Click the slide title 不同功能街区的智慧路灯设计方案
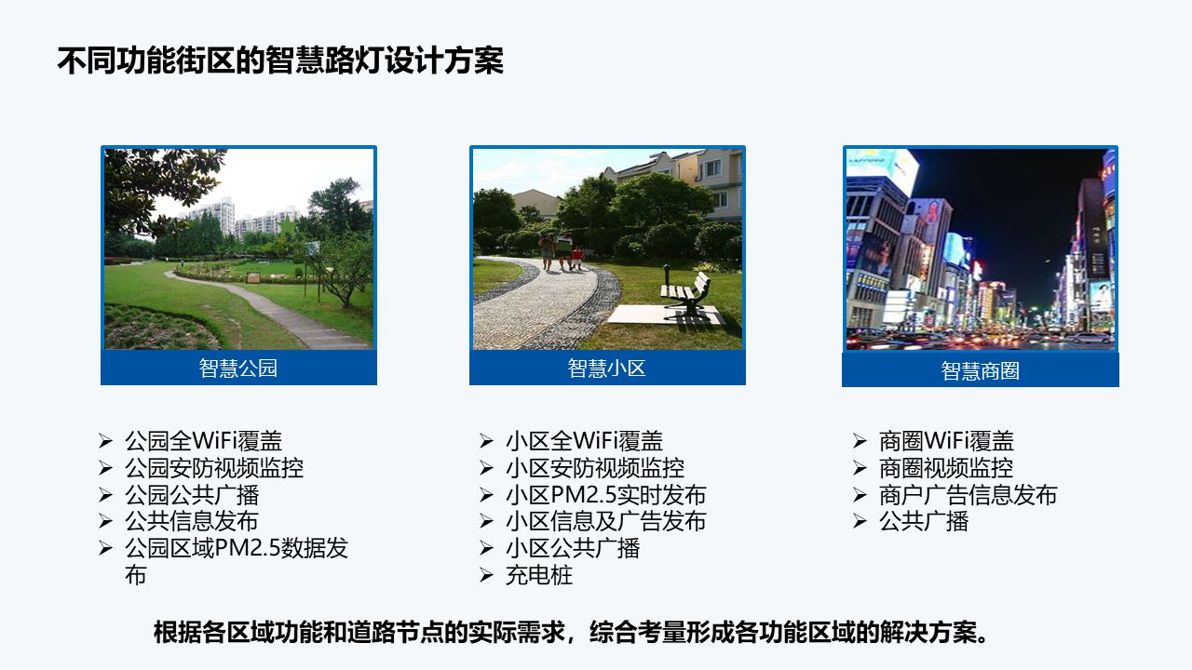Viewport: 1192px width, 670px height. tap(280, 60)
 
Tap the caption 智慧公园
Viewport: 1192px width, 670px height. tap(238, 368)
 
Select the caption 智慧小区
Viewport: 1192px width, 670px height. tap(606, 368)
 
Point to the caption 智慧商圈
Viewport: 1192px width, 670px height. tap(981, 371)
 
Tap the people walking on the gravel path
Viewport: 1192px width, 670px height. tap(562, 251)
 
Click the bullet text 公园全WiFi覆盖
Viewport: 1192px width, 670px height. tap(203, 441)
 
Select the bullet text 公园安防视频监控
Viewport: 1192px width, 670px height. tap(214, 468)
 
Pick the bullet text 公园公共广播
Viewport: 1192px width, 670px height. tap(192, 495)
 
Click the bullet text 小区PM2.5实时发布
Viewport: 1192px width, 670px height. tap(605, 495)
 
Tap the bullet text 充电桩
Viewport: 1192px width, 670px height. tap(539, 575)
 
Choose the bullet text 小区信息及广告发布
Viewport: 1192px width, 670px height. tap(605, 521)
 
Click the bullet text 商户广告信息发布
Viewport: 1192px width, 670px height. tap(968, 495)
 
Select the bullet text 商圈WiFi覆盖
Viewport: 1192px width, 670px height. tap(946, 441)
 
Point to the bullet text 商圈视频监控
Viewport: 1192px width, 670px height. tap(945, 468)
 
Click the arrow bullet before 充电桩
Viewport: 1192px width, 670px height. tap(486, 575)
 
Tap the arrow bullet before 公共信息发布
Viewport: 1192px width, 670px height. tap(105, 520)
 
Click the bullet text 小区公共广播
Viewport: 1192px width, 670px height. tap(573, 548)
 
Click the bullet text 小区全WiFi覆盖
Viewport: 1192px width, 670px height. tap(584, 441)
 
